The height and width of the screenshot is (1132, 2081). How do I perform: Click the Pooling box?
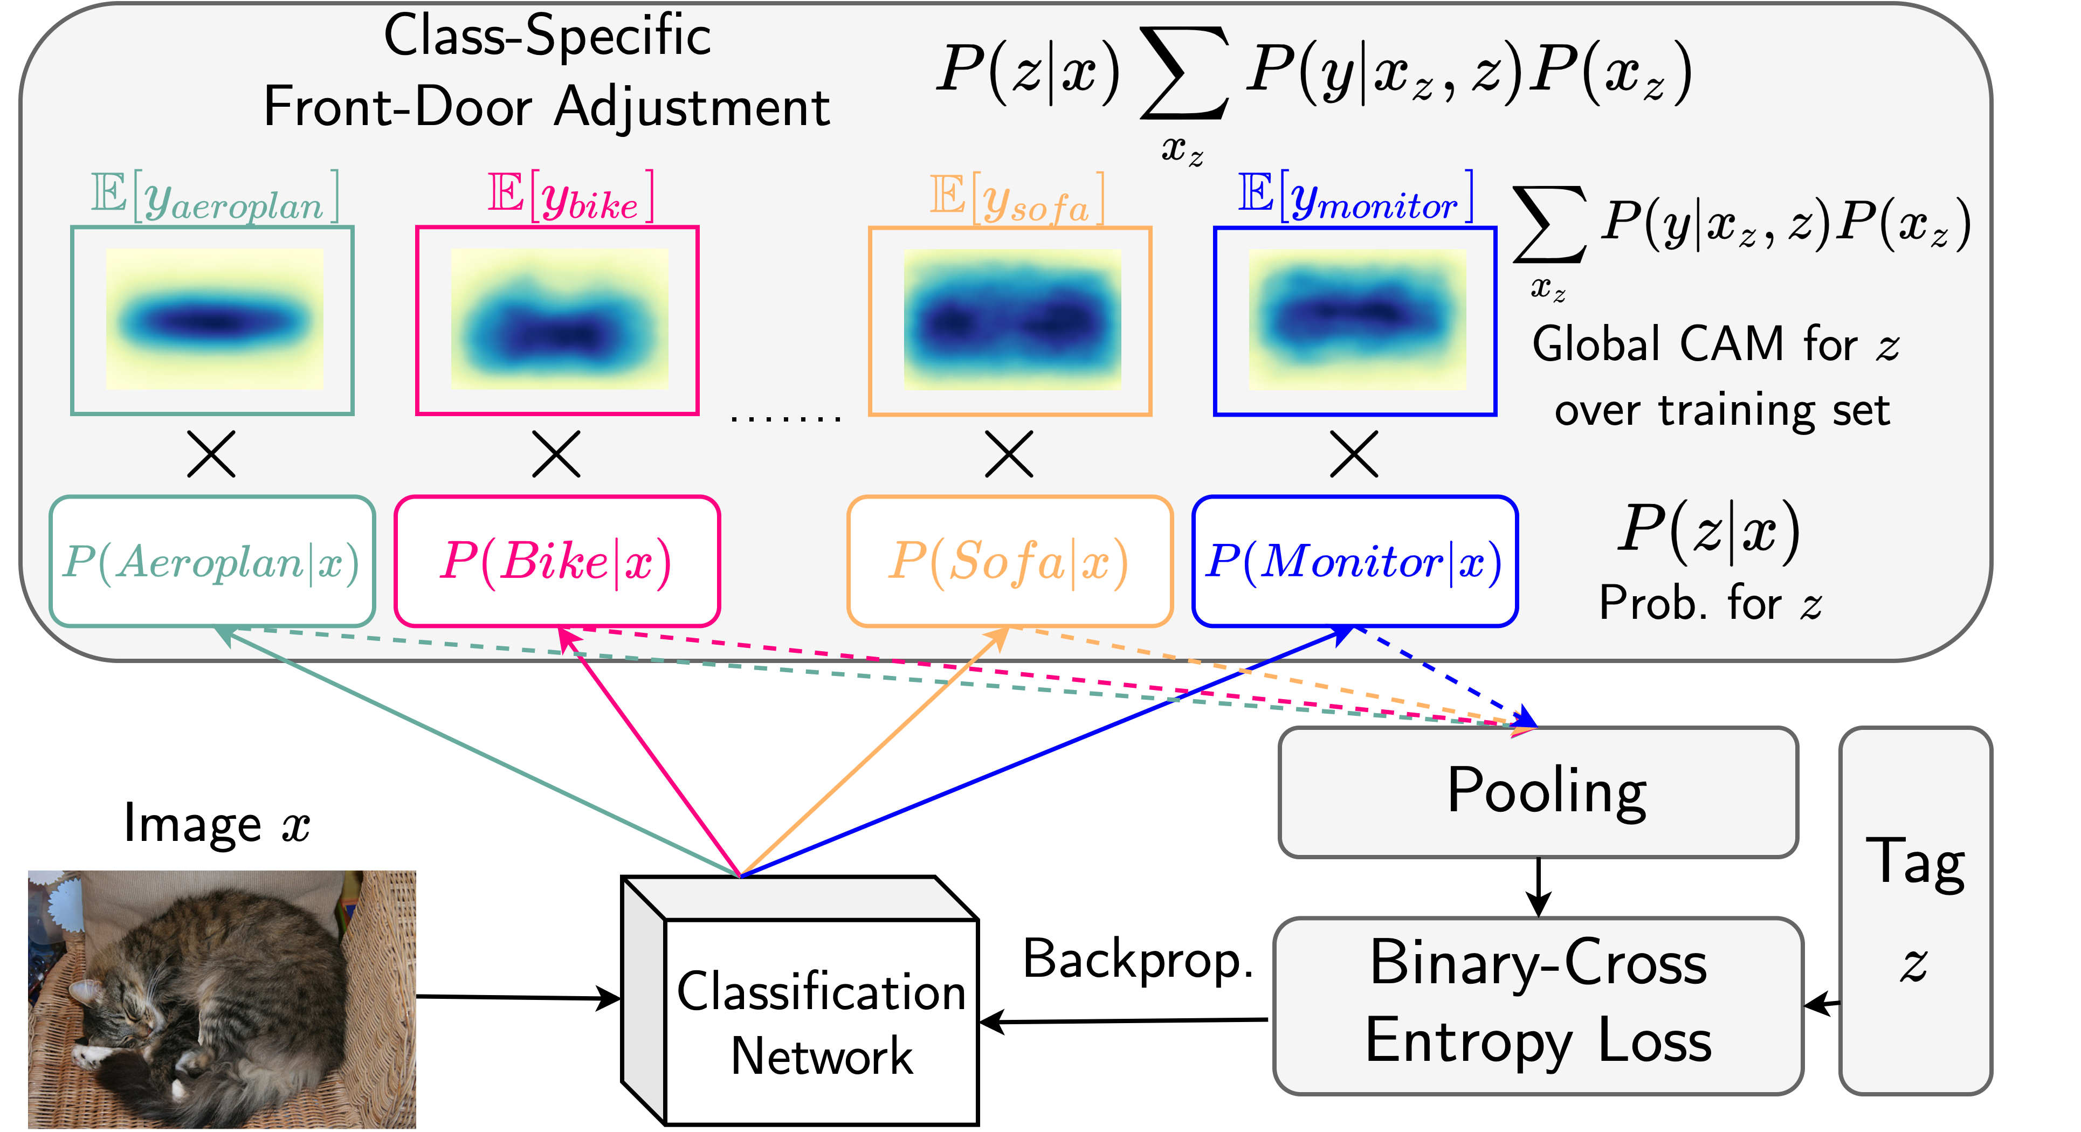coord(1538,792)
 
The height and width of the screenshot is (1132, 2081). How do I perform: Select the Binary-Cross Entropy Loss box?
coord(1538,1004)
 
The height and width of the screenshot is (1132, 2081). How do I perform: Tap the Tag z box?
coord(1914,910)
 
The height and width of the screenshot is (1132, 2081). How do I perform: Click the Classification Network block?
coord(820,1021)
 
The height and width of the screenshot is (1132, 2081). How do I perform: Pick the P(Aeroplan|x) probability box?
coord(212,562)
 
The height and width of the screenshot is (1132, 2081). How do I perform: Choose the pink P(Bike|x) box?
coord(556,562)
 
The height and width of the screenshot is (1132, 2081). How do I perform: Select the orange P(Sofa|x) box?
coord(1009,562)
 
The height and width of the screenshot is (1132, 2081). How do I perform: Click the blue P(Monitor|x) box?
coord(1354,562)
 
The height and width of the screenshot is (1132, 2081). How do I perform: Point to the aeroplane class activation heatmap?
coord(213,321)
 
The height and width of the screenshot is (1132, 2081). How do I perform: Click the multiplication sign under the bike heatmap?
coord(556,453)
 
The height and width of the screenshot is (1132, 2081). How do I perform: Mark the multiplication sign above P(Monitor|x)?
coord(1354,453)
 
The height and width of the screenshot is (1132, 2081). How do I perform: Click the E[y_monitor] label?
coord(1355,197)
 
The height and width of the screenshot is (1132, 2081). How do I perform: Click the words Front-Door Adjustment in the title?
coord(546,107)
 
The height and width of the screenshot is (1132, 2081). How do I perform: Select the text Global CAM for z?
coord(1715,345)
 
